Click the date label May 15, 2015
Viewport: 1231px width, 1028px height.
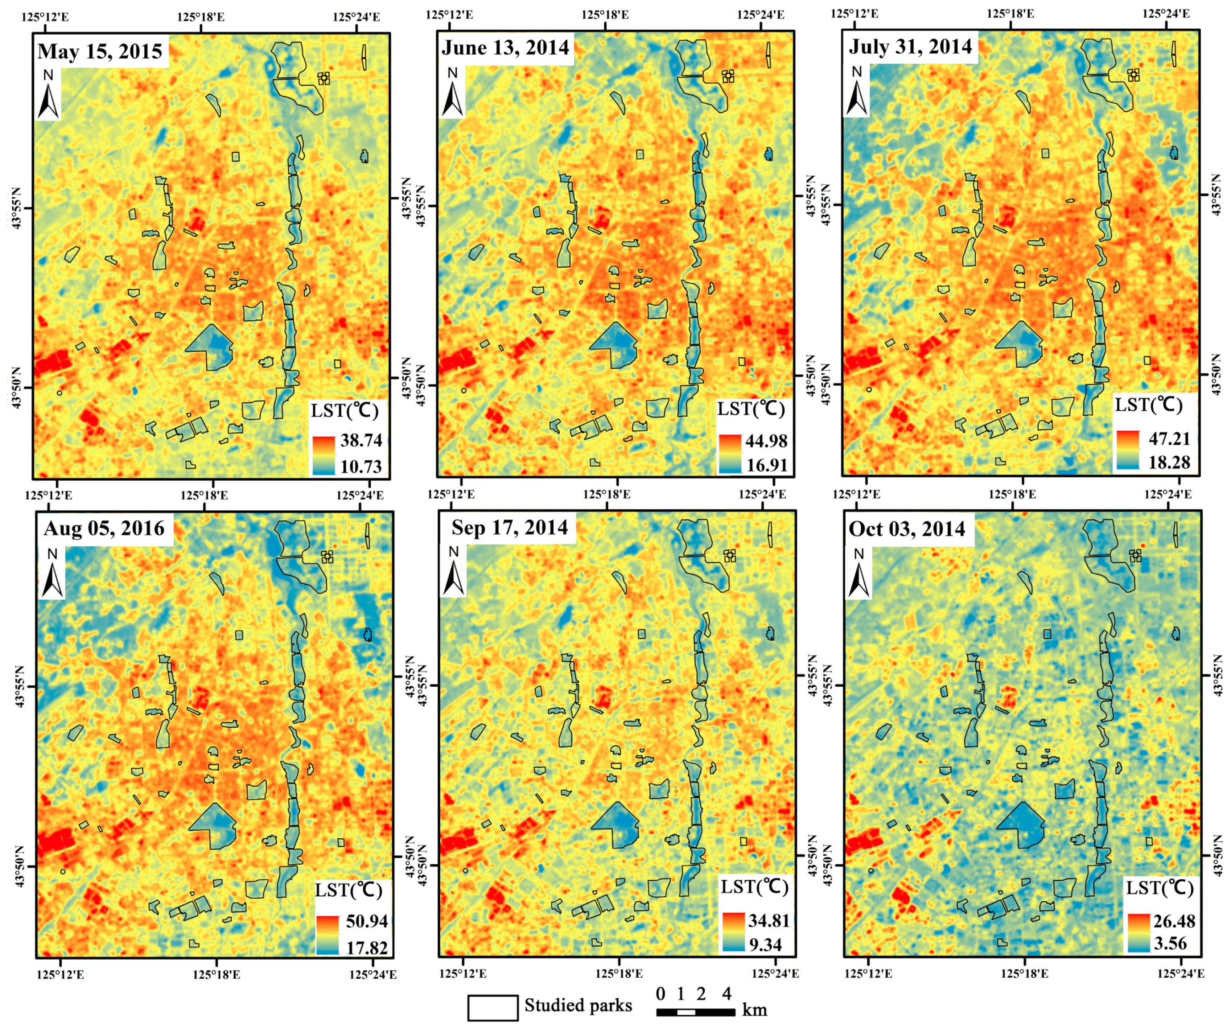[x=100, y=52]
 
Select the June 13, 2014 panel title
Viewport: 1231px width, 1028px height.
[x=505, y=48]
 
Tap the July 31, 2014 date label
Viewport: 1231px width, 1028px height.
[x=910, y=46]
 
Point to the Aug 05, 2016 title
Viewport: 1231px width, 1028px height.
[x=104, y=529]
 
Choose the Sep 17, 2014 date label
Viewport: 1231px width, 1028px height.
[x=509, y=527]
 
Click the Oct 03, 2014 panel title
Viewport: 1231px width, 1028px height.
[x=907, y=529]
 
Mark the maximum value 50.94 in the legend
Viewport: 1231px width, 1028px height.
[x=367, y=921]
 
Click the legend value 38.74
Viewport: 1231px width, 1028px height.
[x=361, y=440]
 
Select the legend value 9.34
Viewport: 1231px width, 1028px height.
[x=765, y=945]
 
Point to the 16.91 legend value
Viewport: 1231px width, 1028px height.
[x=767, y=465]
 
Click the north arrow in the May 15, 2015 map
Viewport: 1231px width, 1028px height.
[x=49, y=94]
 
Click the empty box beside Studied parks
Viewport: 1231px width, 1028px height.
[x=492, y=1007]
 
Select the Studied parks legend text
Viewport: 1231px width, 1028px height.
[x=578, y=1006]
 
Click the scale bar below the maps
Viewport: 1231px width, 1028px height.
[x=695, y=1012]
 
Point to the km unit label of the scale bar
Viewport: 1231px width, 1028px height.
[x=755, y=1010]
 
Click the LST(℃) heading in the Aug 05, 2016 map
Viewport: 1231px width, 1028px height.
[x=349, y=890]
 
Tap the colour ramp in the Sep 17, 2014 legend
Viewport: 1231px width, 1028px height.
[x=733, y=932]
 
